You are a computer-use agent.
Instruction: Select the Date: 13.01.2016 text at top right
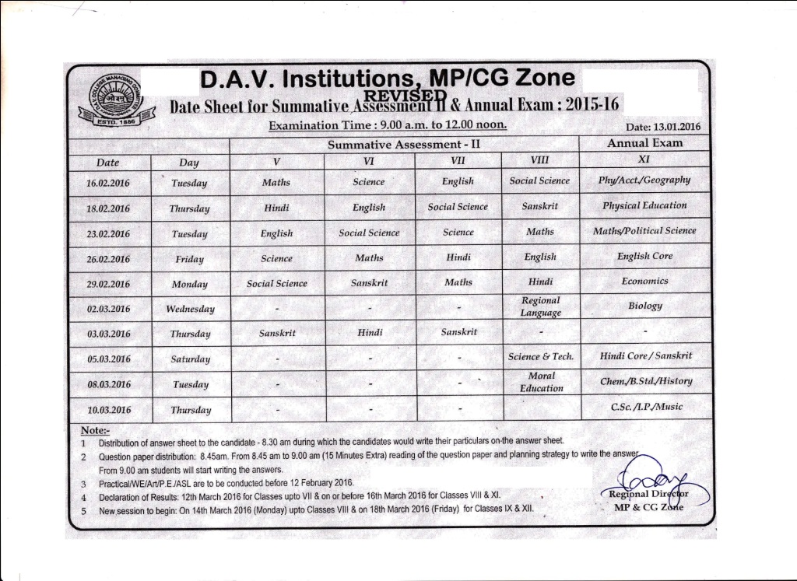pos(663,127)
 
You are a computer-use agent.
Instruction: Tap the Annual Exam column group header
pos(644,143)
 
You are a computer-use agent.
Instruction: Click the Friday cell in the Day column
pos(190,259)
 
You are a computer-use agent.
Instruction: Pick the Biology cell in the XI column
pos(644,306)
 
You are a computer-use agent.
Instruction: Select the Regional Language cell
pos(540,306)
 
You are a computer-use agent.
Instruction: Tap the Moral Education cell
pos(541,382)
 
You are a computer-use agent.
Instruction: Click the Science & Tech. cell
pos(541,356)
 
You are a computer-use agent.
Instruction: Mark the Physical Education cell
pos(644,206)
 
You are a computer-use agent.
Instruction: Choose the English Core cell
pos(644,256)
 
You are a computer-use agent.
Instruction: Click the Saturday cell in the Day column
pos(191,359)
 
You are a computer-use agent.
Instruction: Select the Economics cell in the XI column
pos(644,281)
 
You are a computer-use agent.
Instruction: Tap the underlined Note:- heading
pos(96,430)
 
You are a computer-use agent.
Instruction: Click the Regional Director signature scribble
pos(654,471)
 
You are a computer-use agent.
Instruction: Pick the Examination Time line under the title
pos(388,125)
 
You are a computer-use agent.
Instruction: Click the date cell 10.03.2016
pos(108,410)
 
